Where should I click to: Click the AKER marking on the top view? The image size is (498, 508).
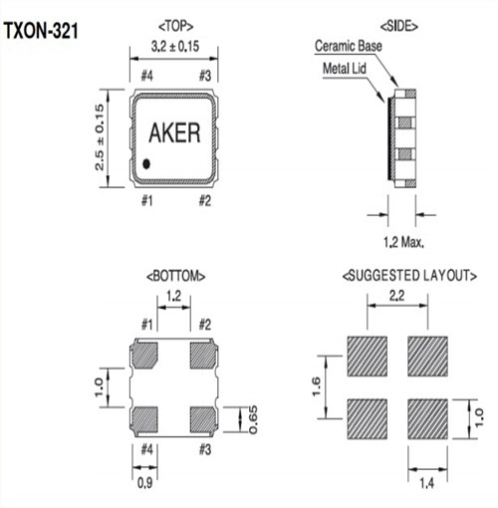(x=173, y=133)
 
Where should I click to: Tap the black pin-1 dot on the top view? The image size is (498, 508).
(x=145, y=163)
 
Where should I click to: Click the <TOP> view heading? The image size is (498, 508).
(x=175, y=23)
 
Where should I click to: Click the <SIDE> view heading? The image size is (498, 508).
(x=399, y=23)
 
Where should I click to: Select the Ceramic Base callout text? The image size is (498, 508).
(x=350, y=47)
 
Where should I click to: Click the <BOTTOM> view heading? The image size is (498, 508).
(x=175, y=273)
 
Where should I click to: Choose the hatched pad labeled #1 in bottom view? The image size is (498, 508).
(x=146, y=354)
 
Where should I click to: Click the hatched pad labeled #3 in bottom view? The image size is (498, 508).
(x=204, y=415)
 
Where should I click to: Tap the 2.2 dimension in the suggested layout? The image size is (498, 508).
(x=395, y=295)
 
